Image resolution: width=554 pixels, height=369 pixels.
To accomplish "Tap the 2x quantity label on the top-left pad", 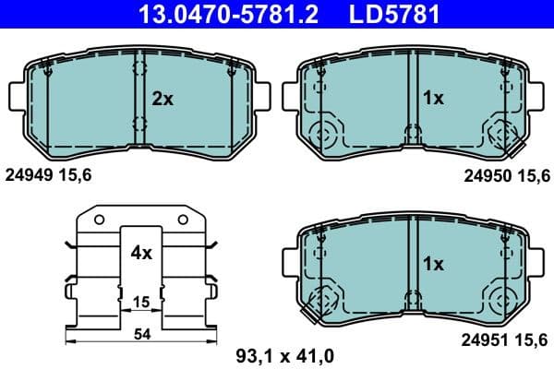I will coord(163,98).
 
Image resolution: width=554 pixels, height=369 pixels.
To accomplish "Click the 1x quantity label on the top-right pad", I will coord(433,98).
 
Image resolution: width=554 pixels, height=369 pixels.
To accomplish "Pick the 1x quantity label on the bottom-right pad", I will coord(433,264).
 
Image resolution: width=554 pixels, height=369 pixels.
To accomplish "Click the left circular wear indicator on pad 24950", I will coord(323,135).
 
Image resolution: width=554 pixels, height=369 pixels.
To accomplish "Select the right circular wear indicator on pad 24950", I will coord(503,135).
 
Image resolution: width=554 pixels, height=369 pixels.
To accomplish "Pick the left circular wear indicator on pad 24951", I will coord(323,301).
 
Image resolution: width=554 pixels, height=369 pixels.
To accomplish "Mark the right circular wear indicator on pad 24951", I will coord(503,301).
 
